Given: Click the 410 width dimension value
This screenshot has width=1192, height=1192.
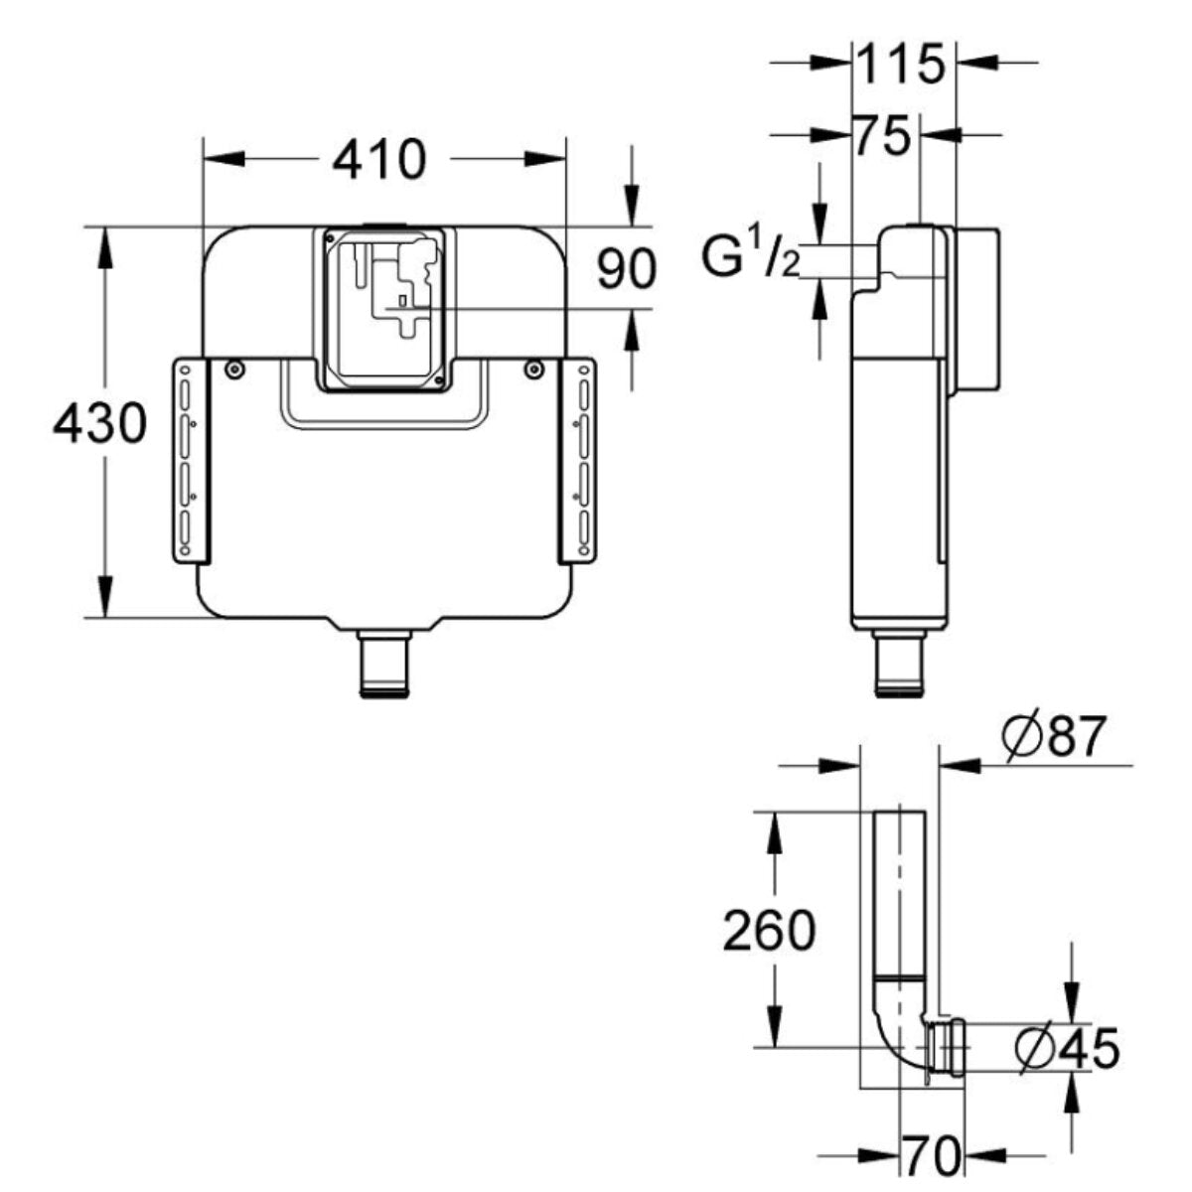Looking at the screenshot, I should [x=378, y=160].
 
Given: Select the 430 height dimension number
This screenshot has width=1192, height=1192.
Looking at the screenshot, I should [x=99, y=424].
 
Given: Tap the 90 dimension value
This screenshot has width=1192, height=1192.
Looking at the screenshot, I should [x=627, y=269].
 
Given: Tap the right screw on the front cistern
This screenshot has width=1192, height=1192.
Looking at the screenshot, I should [x=534, y=371].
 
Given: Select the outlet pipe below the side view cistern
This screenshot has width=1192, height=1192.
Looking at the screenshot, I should [x=898, y=664].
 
